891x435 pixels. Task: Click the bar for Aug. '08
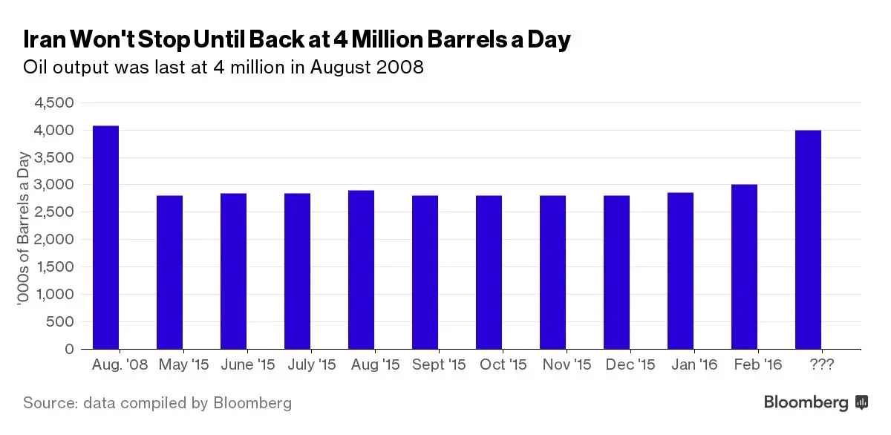[x=105, y=238]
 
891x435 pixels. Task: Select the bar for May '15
[x=169, y=272]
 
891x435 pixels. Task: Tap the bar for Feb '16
[x=744, y=266]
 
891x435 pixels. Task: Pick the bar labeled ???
[x=808, y=240]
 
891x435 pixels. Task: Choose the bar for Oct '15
[x=489, y=272]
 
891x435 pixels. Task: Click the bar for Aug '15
[x=361, y=269]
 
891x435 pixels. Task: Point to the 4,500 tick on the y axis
[x=53, y=103]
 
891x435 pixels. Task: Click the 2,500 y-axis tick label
[x=53, y=212]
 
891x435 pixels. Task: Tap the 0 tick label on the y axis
[x=69, y=349]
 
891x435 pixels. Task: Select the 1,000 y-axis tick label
[x=53, y=294]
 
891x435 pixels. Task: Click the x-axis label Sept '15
[x=438, y=365]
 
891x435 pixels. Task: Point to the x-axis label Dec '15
[x=630, y=365]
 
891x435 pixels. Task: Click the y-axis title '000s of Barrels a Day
[x=25, y=227]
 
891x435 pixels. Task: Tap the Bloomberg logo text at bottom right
[x=806, y=403]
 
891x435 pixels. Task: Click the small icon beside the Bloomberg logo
[x=862, y=402]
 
